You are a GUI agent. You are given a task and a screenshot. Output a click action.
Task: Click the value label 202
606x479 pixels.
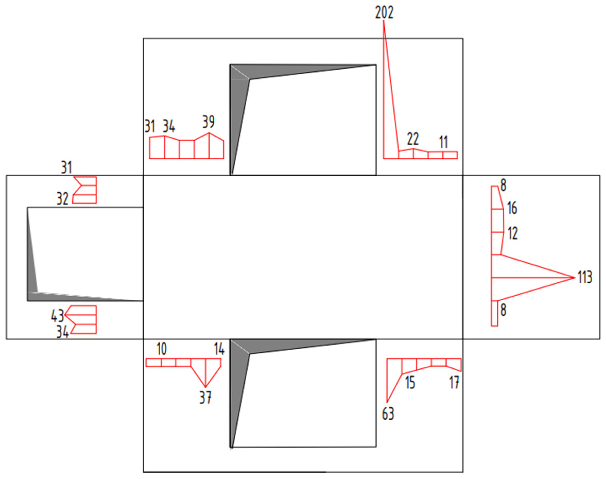(x=384, y=13)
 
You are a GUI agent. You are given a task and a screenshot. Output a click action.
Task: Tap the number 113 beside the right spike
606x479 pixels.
(x=585, y=277)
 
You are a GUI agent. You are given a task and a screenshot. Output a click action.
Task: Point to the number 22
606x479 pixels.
(x=413, y=139)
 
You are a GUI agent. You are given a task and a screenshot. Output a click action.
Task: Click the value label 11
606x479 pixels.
(x=443, y=142)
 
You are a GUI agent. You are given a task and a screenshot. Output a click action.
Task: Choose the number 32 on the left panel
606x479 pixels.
(x=62, y=199)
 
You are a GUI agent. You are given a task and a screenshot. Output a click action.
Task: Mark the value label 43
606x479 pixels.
(x=57, y=316)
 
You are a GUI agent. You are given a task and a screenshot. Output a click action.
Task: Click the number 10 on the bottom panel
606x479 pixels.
(x=161, y=349)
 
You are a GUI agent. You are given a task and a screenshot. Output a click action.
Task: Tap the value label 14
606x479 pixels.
(x=219, y=349)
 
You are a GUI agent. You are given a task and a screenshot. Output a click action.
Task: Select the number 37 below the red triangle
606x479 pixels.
(x=205, y=397)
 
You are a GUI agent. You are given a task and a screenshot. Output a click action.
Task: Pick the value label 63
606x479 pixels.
(x=388, y=414)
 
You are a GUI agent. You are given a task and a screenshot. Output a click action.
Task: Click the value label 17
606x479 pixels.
(x=454, y=382)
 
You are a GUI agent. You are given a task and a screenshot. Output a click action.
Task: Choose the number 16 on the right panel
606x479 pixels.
(x=512, y=208)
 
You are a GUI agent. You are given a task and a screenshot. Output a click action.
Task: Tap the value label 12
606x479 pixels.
(x=513, y=233)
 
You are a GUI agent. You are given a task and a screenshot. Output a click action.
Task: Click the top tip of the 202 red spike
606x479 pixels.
(x=384, y=21)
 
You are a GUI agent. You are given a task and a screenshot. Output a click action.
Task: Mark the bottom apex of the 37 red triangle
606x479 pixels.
(x=205, y=387)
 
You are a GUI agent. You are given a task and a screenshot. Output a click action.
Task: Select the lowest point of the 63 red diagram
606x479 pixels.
(x=387, y=402)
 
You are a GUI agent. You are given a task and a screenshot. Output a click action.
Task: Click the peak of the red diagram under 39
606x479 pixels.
(x=209, y=133)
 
